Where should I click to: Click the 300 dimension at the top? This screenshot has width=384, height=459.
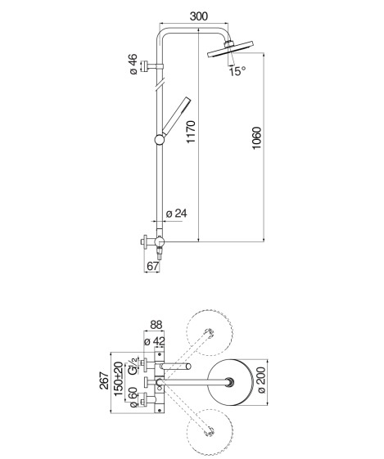click(199, 16)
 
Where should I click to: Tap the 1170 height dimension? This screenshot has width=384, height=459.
click(191, 132)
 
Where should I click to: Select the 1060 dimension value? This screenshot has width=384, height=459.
click(256, 138)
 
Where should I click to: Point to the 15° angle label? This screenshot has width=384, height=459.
click(237, 71)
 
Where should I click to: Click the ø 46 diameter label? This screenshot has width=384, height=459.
click(133, 64)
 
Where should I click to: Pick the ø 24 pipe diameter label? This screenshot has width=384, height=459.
click(176, 214)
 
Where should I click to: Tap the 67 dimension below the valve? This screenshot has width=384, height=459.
click(152, 266)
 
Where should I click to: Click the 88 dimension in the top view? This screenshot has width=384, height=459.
click(156, 325)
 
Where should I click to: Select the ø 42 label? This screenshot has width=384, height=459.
click(155, 341)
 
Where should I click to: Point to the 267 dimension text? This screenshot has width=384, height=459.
click(105, 380)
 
